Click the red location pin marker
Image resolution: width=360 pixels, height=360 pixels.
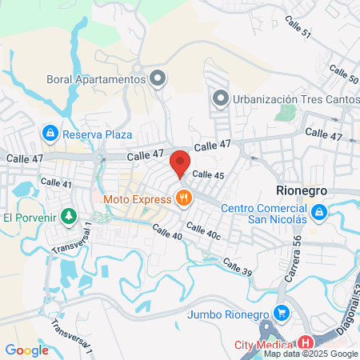[180, 162]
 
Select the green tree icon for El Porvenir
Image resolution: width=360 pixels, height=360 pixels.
[70, 217]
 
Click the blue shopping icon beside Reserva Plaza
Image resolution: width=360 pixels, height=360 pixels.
[50, 132]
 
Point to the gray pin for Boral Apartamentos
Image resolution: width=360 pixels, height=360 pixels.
[158, 78]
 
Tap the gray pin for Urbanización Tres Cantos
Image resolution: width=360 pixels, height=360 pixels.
[222, 98]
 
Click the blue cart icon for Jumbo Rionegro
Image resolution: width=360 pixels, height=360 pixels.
[280, 313]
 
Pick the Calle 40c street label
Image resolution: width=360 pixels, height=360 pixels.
[203, 232]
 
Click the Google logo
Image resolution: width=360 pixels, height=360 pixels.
[27, 350]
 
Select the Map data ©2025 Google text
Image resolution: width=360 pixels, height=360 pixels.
[311, 354]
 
